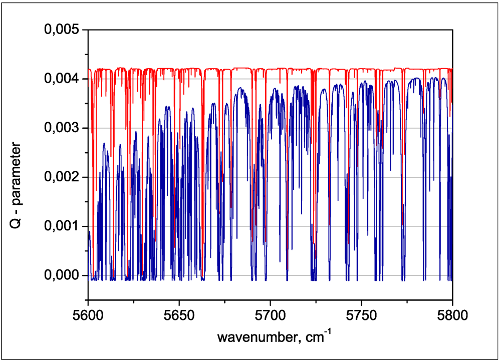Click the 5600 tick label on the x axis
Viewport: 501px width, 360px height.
(x=88, y=316)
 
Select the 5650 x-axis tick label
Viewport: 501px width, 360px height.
(x=179, y=316)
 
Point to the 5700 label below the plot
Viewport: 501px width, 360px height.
(x=270, y=316)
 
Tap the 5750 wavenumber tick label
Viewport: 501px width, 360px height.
(x=361, y=316)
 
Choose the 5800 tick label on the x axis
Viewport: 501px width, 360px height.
(x=452, y=316)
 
